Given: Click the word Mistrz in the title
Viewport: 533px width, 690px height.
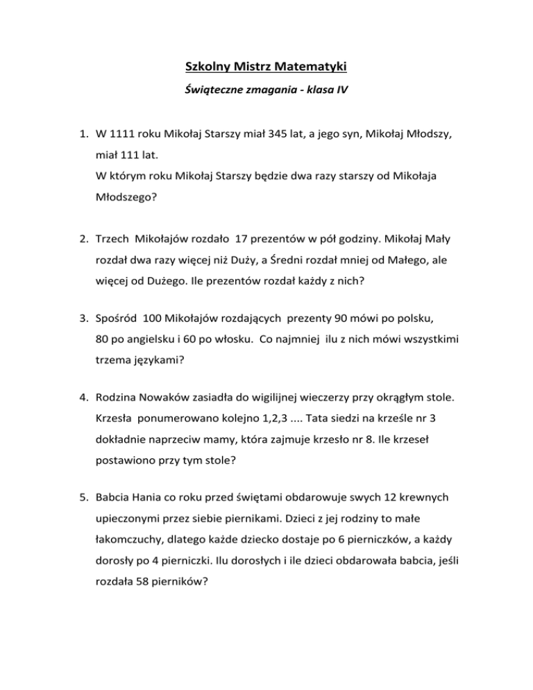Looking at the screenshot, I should tap(258, 67).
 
